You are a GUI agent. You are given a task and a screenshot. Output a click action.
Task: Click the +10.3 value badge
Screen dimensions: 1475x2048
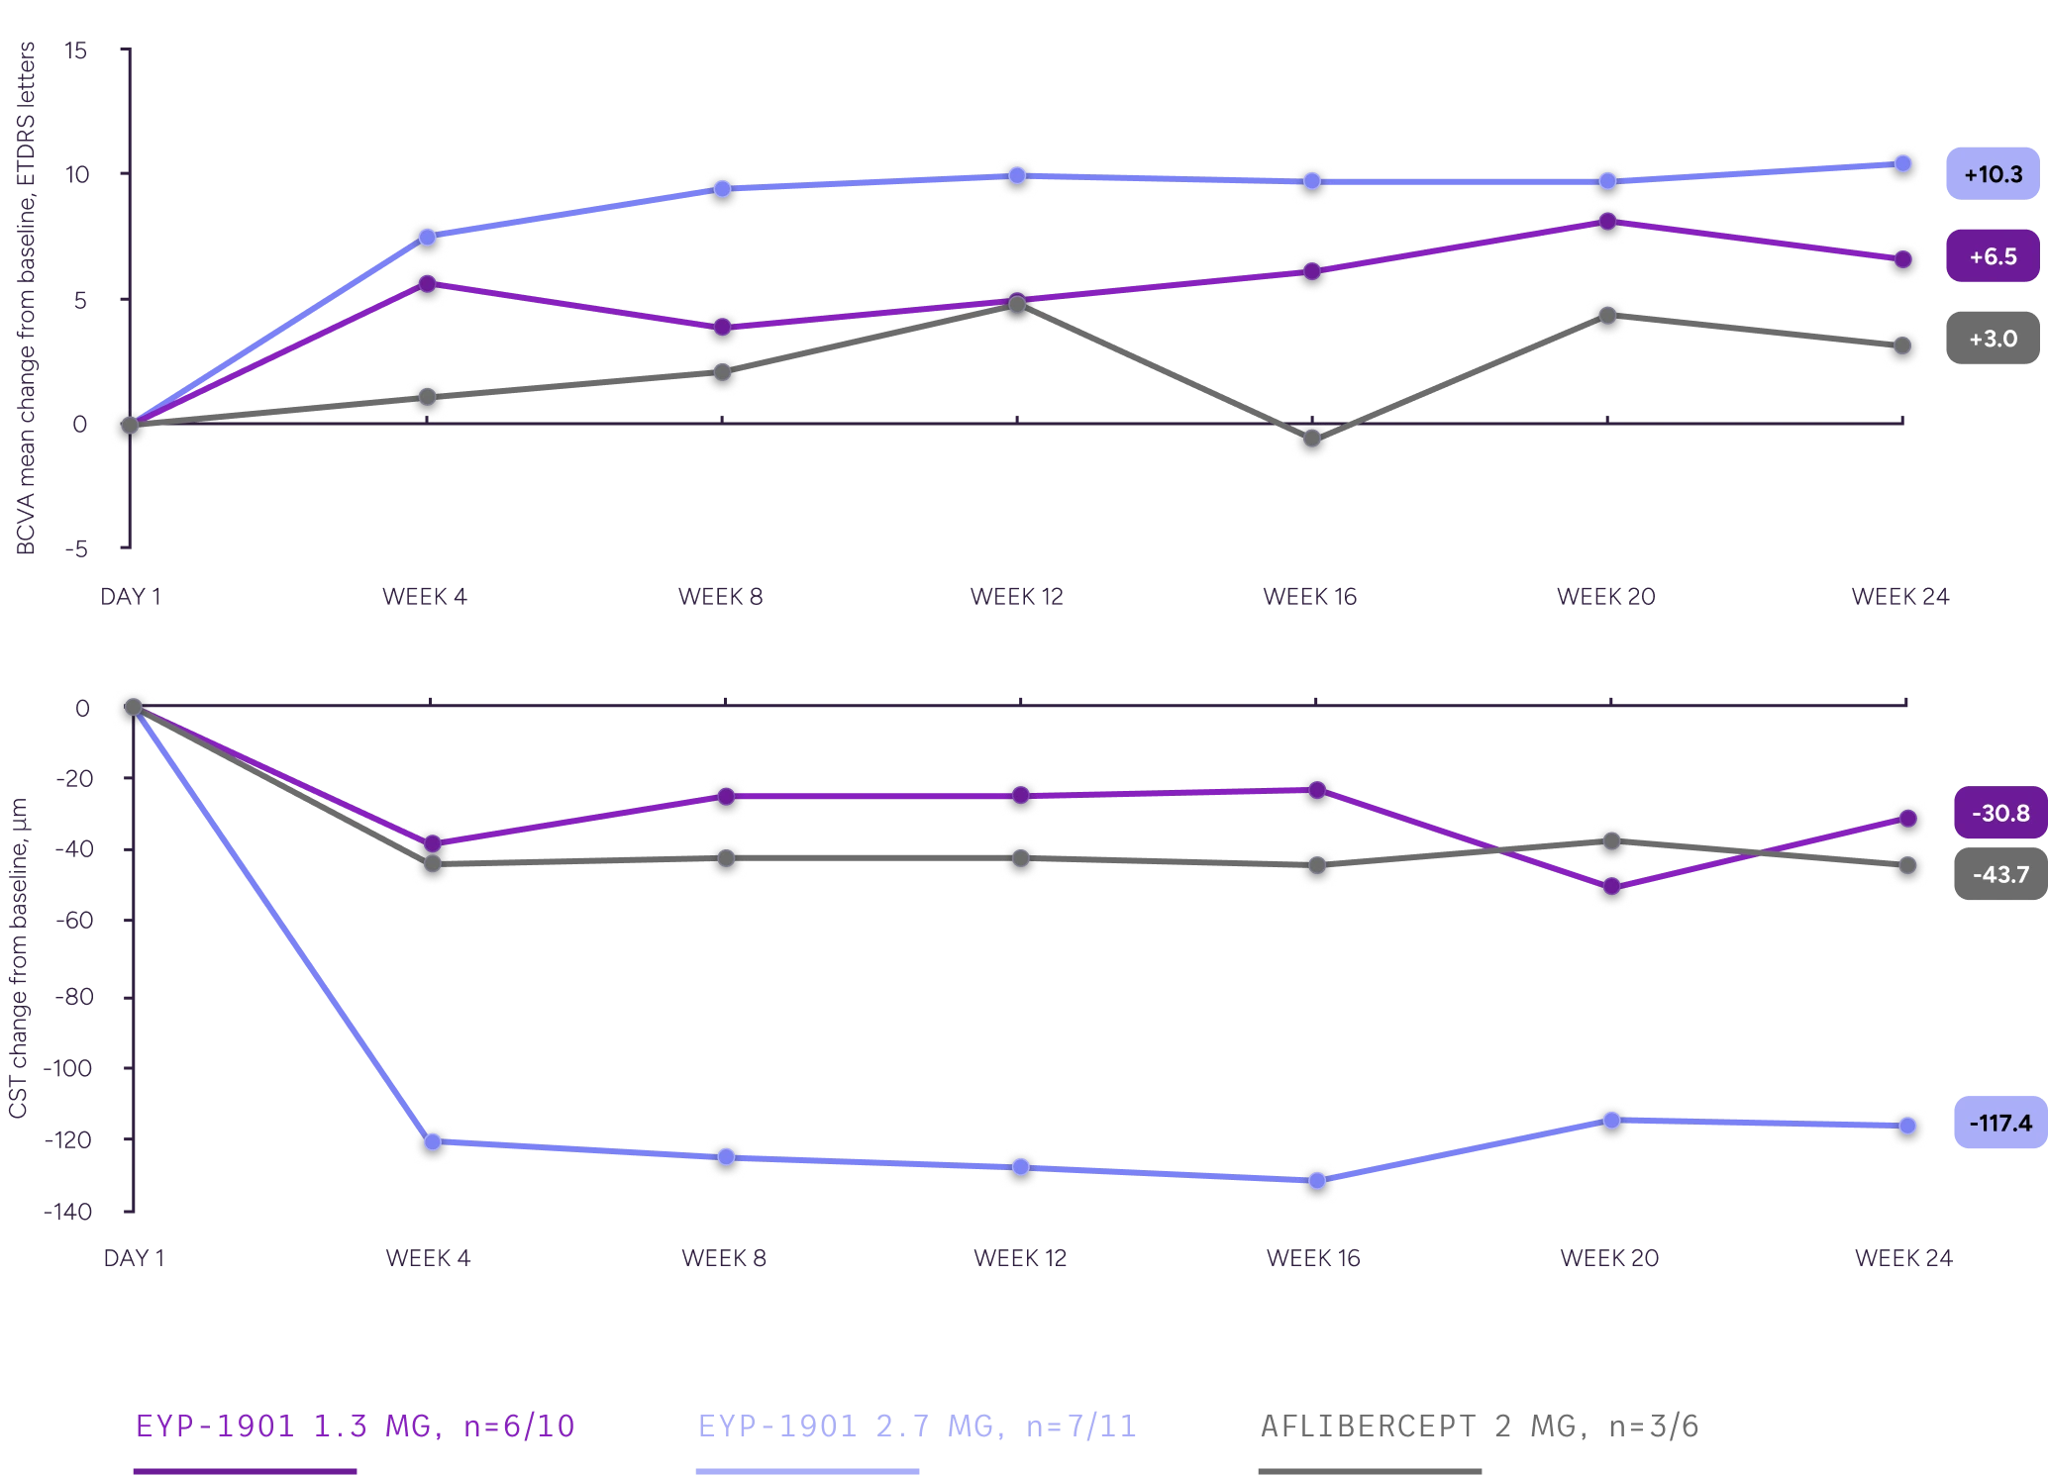click(x=1993, y=175)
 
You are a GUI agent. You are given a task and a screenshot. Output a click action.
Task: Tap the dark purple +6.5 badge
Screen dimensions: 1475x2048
click(x=1993, y=257)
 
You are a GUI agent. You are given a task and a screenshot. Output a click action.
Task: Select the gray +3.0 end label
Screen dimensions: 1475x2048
click(x=1993, y=339)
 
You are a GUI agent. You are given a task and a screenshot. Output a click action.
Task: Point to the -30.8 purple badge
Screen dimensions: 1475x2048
click(x=1999, y=813)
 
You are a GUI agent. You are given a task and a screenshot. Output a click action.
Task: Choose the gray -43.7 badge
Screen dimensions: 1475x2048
click(x=1999, y=874)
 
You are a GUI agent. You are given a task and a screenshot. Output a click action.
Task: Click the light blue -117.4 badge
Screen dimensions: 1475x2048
click(x=1999, y=1124)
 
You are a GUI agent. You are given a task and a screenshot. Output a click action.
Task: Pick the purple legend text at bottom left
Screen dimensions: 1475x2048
click(x=355, y=1426)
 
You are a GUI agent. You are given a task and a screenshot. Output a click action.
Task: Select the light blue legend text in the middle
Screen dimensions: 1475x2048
click(x=917, y=1426)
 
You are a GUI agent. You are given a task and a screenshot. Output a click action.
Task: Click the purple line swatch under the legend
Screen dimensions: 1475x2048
click(x=245, y=1470)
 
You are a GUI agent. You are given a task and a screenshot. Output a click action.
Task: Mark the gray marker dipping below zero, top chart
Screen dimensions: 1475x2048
click(x=1312, y=439)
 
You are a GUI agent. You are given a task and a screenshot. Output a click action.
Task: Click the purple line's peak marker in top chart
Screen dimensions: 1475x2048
click(x=1607, y=221)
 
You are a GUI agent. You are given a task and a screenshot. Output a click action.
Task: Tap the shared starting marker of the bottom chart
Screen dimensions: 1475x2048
click(x=133, y=707)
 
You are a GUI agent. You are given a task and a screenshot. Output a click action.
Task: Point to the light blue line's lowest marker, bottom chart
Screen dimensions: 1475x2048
click(x=1316, y=1181)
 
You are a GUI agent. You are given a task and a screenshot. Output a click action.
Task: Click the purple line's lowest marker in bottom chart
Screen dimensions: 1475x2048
click(x=1611, y=886)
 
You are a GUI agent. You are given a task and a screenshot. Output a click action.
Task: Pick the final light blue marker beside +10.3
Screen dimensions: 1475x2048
click(x=1902, y=164)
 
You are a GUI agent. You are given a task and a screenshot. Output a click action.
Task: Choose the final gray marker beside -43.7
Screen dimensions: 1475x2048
click(x=1905, y=866)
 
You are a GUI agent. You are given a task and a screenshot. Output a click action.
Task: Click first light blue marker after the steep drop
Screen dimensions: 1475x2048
click(x=433, y=1142)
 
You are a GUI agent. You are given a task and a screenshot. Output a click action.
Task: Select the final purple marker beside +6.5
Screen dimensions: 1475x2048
click(x=1901, y=259)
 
